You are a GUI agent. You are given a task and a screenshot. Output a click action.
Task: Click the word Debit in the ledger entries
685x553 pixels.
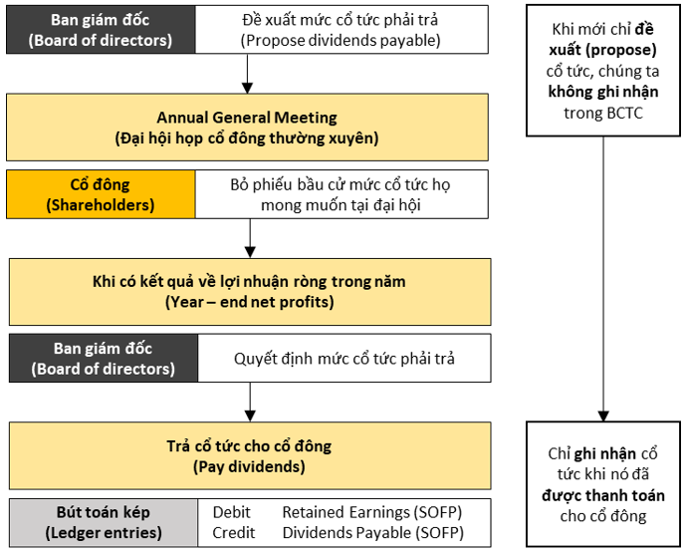tap(232, 512)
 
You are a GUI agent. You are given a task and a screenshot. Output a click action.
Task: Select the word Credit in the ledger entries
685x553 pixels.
tap(234, 533)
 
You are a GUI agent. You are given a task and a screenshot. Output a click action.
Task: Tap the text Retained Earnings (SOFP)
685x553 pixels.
tap(372, 512)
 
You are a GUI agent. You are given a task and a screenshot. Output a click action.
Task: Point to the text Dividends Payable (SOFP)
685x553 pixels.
tap(373, 533)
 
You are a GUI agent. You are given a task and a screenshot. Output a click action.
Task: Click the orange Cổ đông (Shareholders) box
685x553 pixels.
tap(101, 194)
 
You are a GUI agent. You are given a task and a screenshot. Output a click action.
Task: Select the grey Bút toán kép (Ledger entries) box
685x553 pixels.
tap(104, 523)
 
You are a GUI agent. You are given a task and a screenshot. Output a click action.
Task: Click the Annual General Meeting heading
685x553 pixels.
tap(247, 118)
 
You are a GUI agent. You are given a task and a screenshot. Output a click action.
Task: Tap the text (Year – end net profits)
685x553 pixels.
tap(250, 302)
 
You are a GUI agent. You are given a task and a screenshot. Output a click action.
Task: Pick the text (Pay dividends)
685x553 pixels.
tap(250, 466)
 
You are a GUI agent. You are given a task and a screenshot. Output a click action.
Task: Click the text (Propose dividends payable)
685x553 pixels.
tap(341, 40)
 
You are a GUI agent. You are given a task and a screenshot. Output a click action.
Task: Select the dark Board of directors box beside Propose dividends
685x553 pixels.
tap(101, 30)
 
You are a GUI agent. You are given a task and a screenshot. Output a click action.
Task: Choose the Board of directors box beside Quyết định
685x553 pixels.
tap(104, 358)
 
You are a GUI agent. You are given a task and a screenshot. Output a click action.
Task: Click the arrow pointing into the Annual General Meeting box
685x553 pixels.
tap(247, 74)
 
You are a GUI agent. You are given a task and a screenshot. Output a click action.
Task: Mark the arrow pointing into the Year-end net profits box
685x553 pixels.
tap(250, 238)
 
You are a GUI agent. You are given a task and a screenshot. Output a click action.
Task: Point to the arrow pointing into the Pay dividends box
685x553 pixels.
tap(250, 403)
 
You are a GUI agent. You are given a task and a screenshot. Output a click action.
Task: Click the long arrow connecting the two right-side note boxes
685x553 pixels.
tap(603, 279)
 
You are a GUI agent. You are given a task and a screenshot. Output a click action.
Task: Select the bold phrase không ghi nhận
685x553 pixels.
tap(603, 92)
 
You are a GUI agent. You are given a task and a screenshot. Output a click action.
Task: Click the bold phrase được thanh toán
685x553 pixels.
tap(603, 496)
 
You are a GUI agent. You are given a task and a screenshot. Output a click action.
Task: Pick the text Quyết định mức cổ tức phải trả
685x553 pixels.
tap(344, 359)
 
